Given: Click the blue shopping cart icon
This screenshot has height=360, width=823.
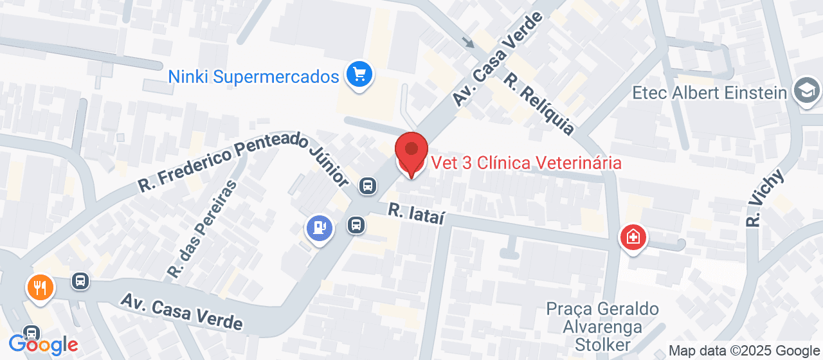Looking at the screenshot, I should pos(359,75).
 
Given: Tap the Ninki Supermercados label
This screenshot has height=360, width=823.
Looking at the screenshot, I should pos(253,77).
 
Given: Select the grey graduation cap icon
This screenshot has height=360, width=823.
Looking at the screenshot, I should pos(806,92).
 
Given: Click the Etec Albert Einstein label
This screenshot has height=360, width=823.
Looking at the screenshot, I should pos(710,93).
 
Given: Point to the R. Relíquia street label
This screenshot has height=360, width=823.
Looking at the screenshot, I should pos(538,104).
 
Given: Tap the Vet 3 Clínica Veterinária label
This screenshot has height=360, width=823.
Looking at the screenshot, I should pos(526,163).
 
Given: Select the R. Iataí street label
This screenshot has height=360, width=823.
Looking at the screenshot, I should pos(416,213).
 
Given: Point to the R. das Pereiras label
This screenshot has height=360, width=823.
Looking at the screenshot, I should pos(201,230).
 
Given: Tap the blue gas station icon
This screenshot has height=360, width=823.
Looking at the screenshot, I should pos(320,228).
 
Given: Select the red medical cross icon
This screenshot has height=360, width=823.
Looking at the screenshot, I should pos(633,237).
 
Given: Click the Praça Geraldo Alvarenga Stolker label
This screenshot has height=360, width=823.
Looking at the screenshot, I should pos(602,327).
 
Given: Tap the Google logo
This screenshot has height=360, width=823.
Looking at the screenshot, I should pos(43,345).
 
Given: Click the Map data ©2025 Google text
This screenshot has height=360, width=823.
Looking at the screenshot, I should pos(744,351).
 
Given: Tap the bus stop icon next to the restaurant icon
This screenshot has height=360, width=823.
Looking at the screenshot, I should pos(80,281).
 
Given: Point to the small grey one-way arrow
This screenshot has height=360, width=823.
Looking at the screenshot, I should pos(469,43).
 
